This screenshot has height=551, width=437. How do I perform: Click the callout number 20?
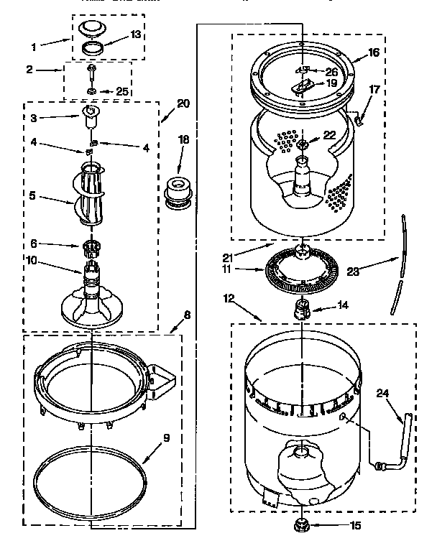[x=183, y=103]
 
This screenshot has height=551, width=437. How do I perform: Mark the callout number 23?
[x=354, y=271]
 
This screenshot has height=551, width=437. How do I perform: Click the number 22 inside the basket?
[x=329, y=135]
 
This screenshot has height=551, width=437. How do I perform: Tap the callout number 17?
[x=374, y=89]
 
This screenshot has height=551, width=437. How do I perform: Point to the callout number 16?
[x=373, y=53]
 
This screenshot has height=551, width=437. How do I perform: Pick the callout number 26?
[x=331, y=71]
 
